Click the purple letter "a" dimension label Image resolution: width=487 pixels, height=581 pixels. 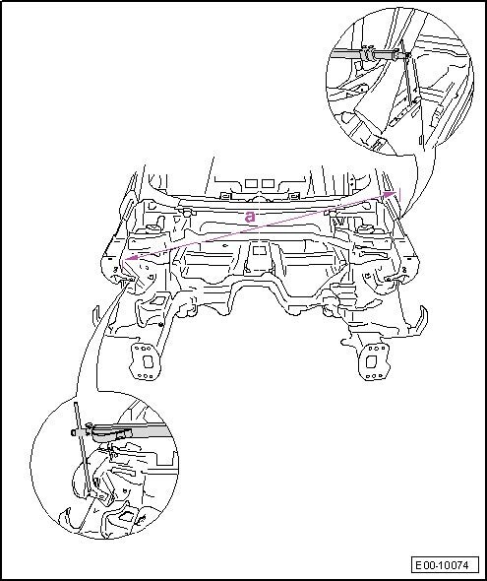[250, 217]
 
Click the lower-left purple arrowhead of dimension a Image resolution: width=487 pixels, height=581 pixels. [132, 258]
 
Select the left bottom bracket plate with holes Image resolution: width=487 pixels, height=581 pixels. [144, 361]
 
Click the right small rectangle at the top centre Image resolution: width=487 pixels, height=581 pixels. [268, 183]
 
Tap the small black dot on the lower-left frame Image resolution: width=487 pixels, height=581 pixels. [160, 325]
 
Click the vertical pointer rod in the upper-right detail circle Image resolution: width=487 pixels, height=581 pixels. [407, 75]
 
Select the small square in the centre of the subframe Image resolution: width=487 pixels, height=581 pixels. [259, 251]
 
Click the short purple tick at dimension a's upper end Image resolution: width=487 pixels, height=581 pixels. [399, 195]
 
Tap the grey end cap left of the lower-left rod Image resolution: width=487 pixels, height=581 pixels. [74, 432]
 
